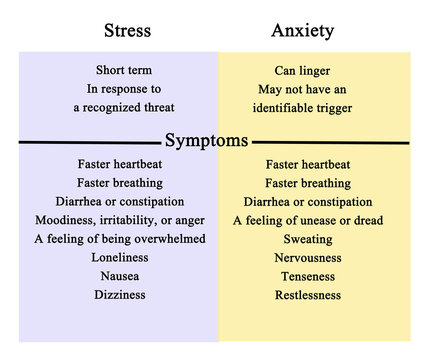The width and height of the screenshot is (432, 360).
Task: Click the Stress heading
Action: [128, 30]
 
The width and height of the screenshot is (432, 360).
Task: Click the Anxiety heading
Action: [303, 30]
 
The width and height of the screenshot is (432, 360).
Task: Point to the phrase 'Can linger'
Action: [302, 70]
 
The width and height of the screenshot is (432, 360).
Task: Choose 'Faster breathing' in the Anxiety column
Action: [308, 183]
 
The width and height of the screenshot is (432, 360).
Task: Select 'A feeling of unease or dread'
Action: [308, 220]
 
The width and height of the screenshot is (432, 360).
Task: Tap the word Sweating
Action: [308, 239]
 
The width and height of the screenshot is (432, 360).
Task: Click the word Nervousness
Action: [308, 258]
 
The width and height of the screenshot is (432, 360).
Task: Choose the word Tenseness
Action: [308, 276]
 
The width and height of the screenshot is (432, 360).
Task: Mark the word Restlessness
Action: [308, 295]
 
